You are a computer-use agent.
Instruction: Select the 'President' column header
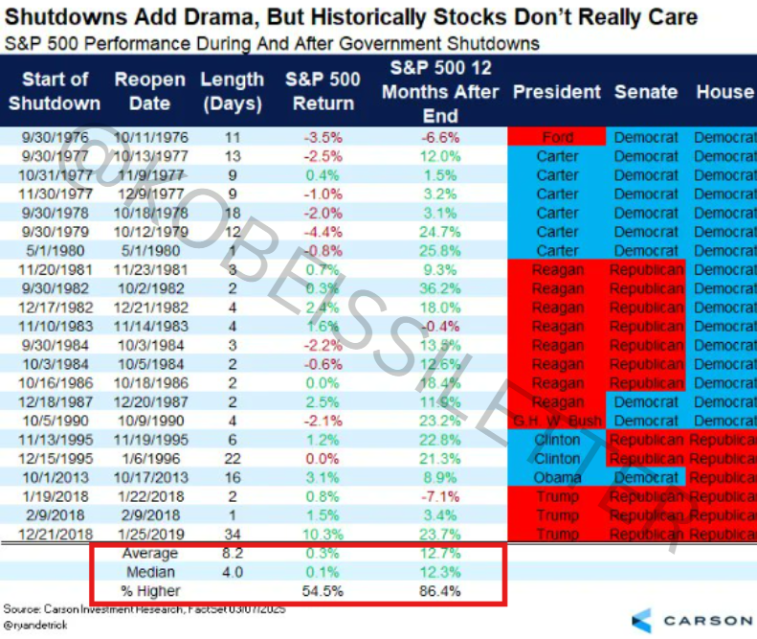point(556,92)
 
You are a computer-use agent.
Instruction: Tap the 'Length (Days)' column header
point(232,92)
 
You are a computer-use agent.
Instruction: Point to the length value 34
point(232,535)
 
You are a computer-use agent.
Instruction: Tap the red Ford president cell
point(556,137)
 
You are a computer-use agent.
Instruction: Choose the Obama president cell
point(556,478)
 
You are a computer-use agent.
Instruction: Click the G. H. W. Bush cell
point(556,421)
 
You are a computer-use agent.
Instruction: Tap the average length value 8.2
point(232,554)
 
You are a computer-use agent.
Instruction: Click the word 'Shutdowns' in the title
point(65,18)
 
